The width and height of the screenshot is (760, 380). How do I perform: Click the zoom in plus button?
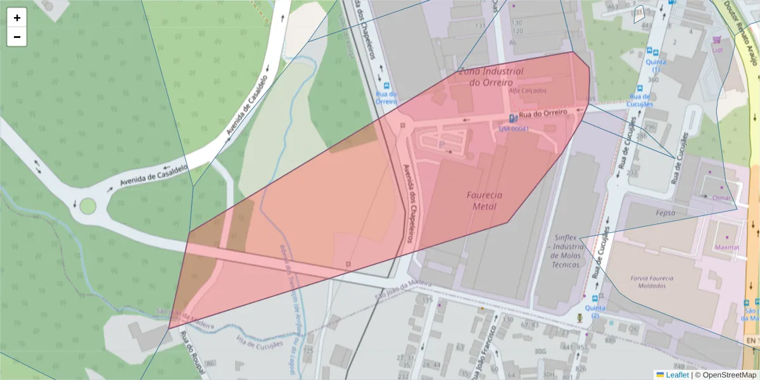point(17,18)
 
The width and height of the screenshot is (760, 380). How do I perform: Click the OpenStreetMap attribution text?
point(725,374)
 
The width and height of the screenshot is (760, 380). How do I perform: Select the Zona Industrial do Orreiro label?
point(491,76)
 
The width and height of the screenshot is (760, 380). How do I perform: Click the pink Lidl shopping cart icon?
point(717,39)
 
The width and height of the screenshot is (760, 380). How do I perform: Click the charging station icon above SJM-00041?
point(512,118)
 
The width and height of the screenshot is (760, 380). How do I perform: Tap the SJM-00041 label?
point(513,129)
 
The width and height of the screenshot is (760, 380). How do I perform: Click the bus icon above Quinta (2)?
point(595,298)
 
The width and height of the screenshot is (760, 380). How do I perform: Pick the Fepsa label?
point(666,213)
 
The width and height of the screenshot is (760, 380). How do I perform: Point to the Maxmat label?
point(727,247)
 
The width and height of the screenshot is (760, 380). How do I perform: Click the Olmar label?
point(721,198)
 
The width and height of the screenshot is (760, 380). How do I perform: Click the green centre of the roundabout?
point(87,206)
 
